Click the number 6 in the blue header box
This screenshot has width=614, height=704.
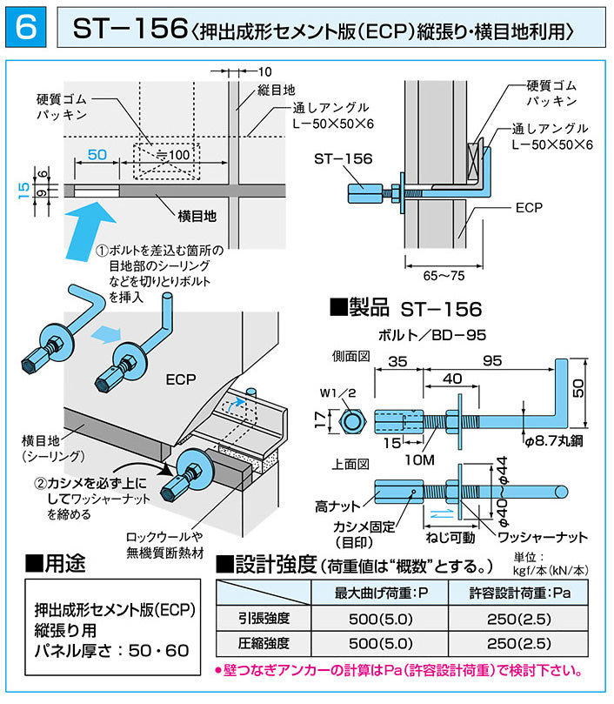(26, 29)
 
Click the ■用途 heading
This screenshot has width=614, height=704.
(56, 563)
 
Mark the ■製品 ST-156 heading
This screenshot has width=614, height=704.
(404, 308)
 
